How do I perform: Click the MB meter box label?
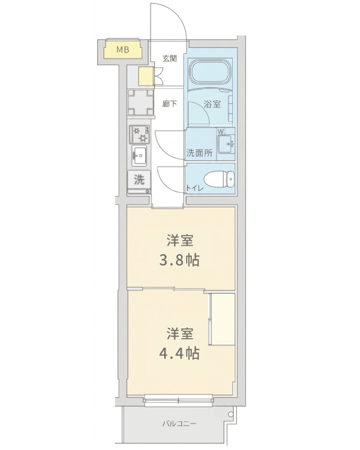(x=123, y=50)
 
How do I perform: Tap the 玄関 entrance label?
(x=170, y=58)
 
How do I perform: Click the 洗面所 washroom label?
(x=199, y=152)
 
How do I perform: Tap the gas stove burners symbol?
(x=139, y=134)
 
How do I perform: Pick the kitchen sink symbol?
(x=139, y=155)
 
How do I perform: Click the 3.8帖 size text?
(x=181, y=260)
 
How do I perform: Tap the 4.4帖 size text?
(x=181, y=353)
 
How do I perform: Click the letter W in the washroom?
(x=221, y=133)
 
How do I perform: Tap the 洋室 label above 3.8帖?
(x=181, y=241)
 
